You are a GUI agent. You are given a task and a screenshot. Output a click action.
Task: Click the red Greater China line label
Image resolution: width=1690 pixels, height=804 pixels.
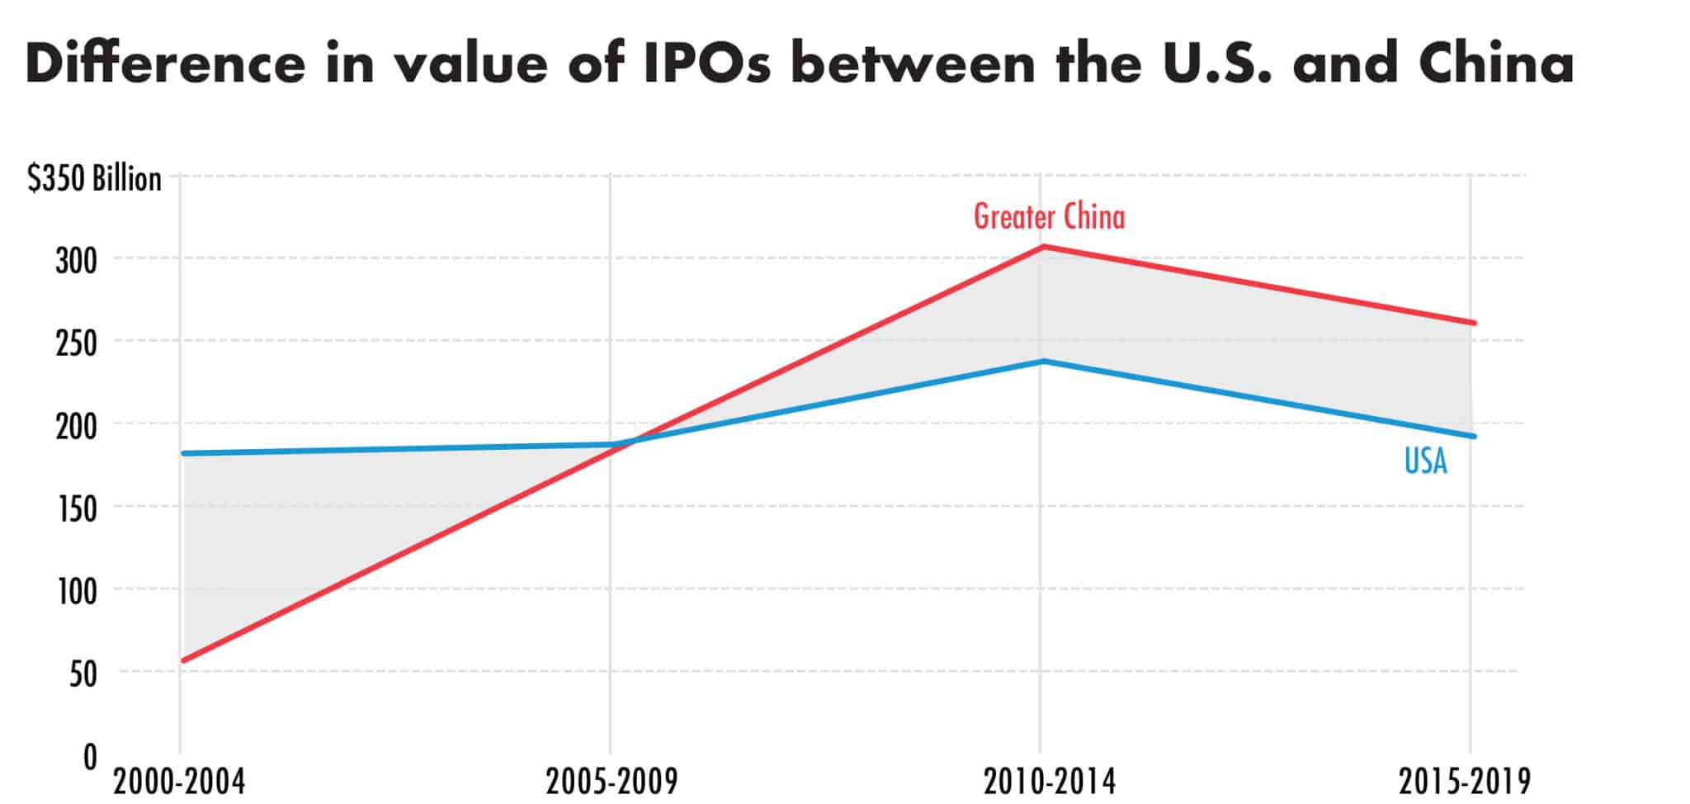point(1049,217)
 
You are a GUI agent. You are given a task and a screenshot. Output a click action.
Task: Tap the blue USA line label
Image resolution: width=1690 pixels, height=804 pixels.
point(1425,461)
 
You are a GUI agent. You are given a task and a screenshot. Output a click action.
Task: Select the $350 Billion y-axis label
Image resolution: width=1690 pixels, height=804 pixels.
point(94,179)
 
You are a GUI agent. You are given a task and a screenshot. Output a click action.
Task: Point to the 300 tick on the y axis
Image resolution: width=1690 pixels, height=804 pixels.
point(76,262)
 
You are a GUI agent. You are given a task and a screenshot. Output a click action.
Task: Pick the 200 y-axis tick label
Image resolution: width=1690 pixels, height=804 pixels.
point(76,427)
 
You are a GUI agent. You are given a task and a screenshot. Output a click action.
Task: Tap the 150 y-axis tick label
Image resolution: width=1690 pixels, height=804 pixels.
point(76,509)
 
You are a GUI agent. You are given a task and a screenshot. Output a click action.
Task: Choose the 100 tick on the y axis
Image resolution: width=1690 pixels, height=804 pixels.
point(76,592)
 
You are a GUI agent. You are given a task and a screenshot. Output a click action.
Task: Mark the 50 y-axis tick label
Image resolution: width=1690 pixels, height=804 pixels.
point(83,674)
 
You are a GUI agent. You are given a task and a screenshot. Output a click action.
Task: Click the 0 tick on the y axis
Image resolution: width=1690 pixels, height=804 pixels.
point(90,757)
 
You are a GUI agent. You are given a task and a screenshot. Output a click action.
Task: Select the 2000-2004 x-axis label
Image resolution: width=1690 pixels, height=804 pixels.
point(179,781)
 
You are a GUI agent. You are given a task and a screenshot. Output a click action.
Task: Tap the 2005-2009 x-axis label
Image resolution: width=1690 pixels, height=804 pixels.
point(611,781)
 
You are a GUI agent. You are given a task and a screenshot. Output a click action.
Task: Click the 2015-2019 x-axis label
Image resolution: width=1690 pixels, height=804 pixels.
point(1465,781)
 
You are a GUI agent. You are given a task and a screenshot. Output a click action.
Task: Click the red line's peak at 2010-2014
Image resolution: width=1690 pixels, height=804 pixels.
point(1043,246)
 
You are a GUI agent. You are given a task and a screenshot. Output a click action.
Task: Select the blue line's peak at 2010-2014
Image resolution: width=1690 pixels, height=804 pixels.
point(1043,361)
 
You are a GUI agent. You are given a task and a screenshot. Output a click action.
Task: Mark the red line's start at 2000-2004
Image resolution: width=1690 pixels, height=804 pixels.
point(183,660)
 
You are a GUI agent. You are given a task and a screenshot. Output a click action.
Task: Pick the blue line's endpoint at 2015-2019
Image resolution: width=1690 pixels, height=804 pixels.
point(1474,436)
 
